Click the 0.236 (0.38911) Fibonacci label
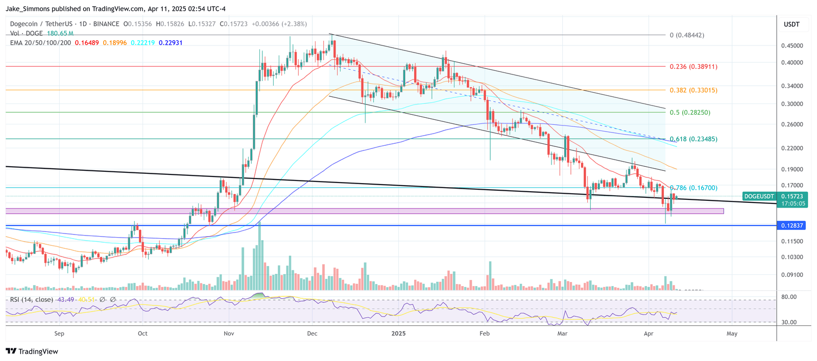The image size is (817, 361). (693, 66)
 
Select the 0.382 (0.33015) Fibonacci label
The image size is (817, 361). (693, 90)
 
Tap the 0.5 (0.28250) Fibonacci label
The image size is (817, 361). (690, 112)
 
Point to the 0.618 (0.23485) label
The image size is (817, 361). (693, 139)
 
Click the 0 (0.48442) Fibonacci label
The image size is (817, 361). (687, 35)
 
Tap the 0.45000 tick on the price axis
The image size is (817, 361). (792, 45)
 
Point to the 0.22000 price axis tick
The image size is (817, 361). (792, 148)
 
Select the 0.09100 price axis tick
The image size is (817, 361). (792, 275)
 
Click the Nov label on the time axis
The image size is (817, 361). (229, 333)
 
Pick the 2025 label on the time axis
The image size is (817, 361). (398, 333)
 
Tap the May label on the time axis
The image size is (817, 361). (732, 333)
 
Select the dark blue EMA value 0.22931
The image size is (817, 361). (171, 43)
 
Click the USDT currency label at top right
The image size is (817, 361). (791, 24)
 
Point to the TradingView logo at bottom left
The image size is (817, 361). (32, 351)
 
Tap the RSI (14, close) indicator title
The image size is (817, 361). (31, 299)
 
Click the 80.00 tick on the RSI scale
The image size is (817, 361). (789, 297)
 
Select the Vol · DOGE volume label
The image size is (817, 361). (27, 33)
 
